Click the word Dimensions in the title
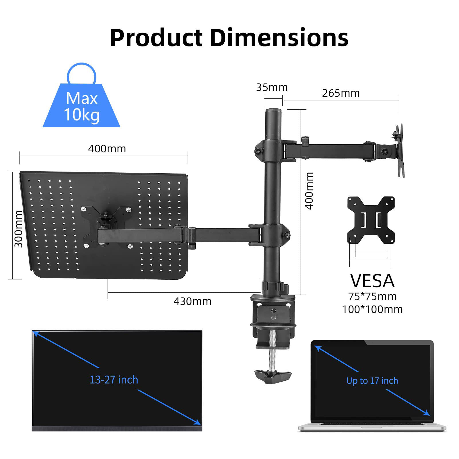[279, 38]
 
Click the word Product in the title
[156, 38]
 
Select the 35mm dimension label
[272, 87]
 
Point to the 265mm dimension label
[341, 93]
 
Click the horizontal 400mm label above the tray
[107, 149]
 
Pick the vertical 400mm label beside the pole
[309, 191]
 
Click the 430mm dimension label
[192, 302]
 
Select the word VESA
[372, 281]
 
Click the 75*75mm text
[372, 296]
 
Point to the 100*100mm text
[372, 310]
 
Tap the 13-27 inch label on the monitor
[114, 380]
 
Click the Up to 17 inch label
[372, 381]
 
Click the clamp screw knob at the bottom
[273, 374]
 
